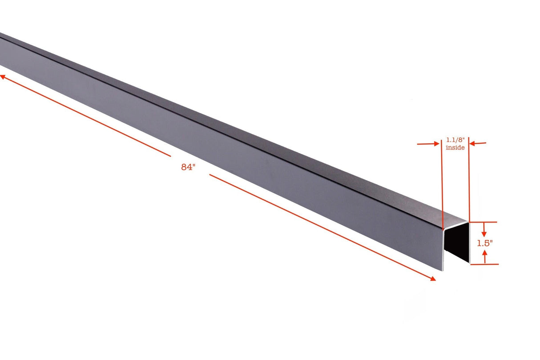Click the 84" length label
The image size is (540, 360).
point(188,167)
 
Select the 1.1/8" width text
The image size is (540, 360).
point(455,140)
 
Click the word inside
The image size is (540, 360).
point(455,147)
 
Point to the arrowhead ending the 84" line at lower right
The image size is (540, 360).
point(432,279)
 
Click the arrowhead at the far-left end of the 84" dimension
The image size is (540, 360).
point(2,77)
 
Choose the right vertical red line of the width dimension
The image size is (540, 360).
point(469,187)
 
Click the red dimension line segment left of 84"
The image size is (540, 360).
point(89,117)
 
